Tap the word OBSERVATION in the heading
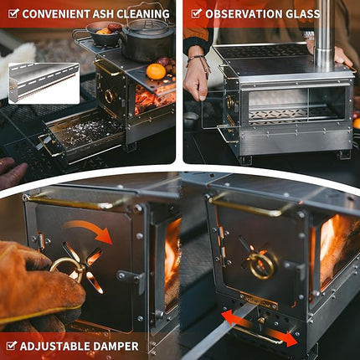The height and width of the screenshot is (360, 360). (244, 13)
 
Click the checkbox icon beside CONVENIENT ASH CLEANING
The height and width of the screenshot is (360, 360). (11, 13)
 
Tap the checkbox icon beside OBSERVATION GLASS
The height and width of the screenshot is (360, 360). (195, 13)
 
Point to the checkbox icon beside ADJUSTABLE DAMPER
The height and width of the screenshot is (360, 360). (11, 345)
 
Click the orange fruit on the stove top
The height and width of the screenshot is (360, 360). (156, 72)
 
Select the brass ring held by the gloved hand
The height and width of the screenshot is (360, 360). (65, 266)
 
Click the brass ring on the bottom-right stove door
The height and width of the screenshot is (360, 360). (263, 265)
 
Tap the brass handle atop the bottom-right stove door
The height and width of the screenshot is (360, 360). (251, 206)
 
